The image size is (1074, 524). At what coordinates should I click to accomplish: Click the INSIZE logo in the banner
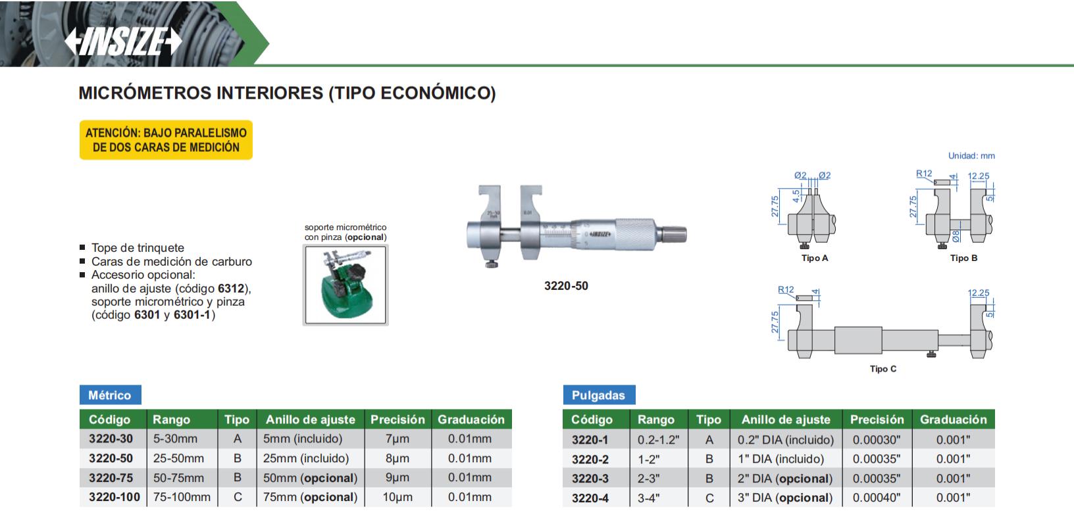click(x=123, y=41)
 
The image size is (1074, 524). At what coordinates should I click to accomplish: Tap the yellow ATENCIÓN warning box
click(x=166, y=140)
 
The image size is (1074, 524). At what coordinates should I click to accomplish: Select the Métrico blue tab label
click(x=110, y=395)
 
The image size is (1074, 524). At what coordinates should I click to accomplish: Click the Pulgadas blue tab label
click(x=598, y=395)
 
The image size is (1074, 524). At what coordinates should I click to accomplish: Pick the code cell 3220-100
click(x=114, y=497)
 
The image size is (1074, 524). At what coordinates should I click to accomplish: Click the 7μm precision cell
click(x=397, y=439)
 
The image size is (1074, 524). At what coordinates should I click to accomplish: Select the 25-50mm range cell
click(x=178, y=458)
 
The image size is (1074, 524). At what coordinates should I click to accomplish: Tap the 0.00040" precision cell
click(x=877, y=498)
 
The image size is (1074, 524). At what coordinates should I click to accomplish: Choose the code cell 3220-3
click(x=590, y=479)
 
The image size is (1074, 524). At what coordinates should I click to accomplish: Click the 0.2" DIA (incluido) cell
click(x=786, y=440)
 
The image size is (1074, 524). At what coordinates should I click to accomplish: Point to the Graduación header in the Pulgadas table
click(x=953, y=419)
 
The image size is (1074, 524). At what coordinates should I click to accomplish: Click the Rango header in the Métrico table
click(x=171, y=419)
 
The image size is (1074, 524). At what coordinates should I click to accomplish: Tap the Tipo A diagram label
click(x=815, y=258)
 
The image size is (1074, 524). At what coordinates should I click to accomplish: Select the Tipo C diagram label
click(x=883, y=369)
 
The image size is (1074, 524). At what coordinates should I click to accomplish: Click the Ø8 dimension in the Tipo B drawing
click(x=956, y=236)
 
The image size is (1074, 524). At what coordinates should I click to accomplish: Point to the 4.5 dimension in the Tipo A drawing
click(x=796, y=197)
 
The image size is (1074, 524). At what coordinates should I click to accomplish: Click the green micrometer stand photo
click(x=345, y=285)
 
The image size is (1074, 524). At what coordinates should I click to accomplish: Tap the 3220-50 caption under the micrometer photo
click(x=566, y=286)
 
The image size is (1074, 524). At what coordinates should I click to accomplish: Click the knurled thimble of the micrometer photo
click(x=635, y=234)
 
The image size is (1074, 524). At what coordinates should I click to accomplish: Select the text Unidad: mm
click(x=971, y=156)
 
